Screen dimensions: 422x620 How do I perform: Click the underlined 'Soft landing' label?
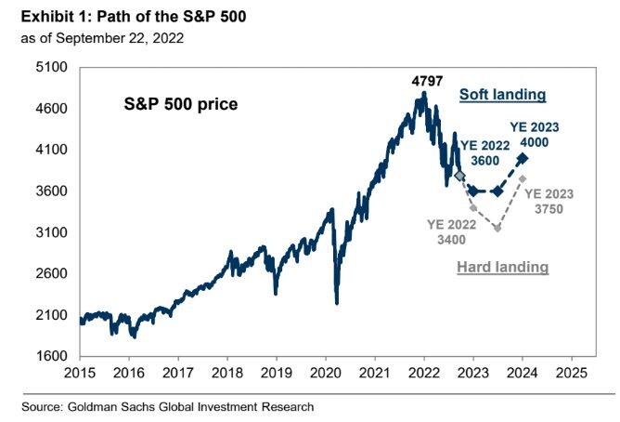click(502, 95)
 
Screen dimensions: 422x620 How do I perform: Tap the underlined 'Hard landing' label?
click(502, 268)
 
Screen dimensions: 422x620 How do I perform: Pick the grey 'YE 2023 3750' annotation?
click(549, 202)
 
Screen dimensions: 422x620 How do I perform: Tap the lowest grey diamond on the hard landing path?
click(497, 228)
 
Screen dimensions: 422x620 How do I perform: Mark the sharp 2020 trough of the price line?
click(336, 302)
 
